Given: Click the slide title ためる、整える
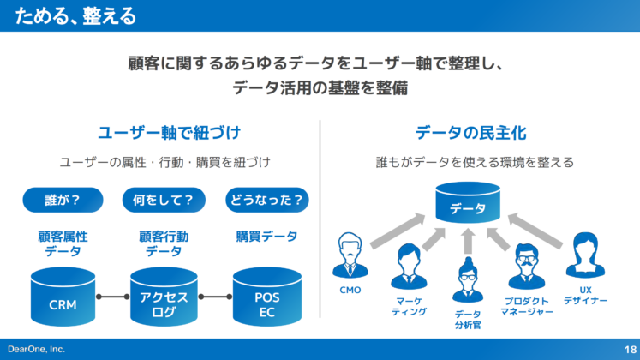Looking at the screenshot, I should [x=75, y=16].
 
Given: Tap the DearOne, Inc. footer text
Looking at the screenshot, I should [x=36, y=349].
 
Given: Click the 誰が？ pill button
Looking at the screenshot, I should [x=63, y=200].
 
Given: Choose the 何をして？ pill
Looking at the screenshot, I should [x=164, y=200].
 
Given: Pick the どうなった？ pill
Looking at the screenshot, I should [x=266, y=200].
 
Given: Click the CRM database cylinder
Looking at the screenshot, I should [x=63, y=297].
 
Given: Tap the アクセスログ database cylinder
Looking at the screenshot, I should [x=164, y=297].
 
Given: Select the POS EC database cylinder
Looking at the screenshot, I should [x=266, y=297].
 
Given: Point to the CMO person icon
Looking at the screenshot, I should [x=350, y=255].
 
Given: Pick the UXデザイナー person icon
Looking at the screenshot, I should [x=585, y=255].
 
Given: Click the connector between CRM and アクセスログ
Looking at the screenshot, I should [x=113, y=297].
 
